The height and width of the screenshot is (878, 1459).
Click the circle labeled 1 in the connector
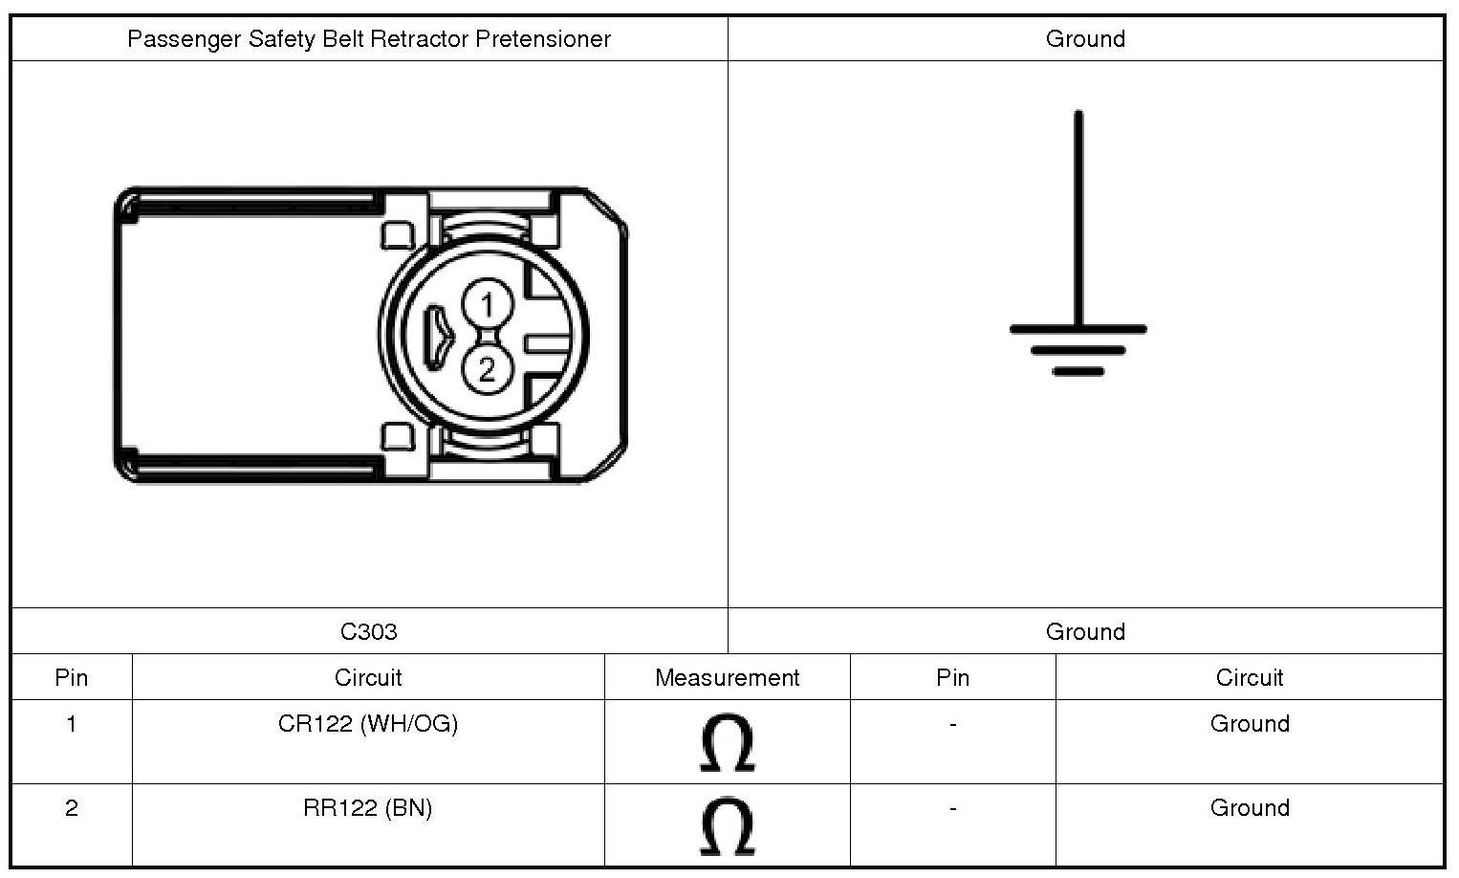(x=488, y=305)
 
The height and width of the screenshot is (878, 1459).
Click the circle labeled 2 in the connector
(x=488, y=369)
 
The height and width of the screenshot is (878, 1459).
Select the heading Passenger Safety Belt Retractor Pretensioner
(x=369, y=39)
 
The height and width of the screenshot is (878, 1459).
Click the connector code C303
(x=369, y=631)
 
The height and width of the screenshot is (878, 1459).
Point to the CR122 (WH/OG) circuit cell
(x=368, y=724)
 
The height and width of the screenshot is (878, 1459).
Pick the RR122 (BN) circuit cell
(x=368, y=808)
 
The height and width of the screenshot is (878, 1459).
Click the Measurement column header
(x=727, y=677)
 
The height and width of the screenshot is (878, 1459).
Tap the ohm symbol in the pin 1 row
(x=727, y=743)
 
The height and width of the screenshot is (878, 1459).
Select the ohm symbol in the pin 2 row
(x=727, y=827)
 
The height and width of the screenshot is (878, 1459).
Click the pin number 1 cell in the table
(x=72, y=724)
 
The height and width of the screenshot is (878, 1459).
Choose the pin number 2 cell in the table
(x=72, y=808)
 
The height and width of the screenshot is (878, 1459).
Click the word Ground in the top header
(x=1085, y=39)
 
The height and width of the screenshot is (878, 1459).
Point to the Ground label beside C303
(x=1085, y=631)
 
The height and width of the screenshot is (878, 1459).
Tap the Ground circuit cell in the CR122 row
(x=1250, y=724)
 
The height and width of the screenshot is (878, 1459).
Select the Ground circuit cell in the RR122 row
(x=1250, y=808)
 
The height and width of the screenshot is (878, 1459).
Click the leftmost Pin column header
(x=72, y=677)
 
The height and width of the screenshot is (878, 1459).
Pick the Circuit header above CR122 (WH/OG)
(x=368, y=677)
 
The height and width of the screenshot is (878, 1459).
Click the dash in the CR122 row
(x=952, y=725)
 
